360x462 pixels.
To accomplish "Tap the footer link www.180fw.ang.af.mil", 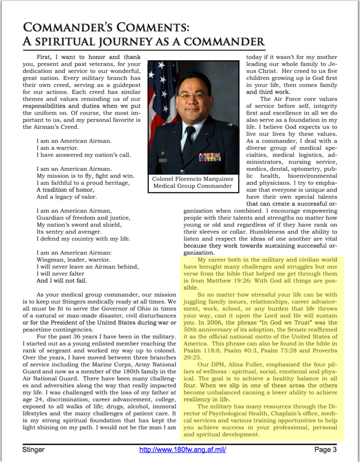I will click(x=182, y=450).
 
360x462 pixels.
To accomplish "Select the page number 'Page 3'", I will click(x=326, y=450).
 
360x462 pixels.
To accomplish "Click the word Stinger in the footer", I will click(x=34, y=450).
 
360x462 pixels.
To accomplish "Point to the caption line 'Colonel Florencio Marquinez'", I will click(x=193, y=179).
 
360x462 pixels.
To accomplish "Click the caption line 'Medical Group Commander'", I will click(x=193, y=186).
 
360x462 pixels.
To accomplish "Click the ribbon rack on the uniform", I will click(x=210, y=157).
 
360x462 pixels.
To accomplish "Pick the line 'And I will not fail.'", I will click(x=62, y=281).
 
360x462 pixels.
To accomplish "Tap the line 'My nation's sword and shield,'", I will click(x=79, y=225).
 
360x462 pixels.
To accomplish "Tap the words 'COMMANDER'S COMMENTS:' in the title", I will click(x=106, y=27).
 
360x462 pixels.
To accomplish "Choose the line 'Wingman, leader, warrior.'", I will click(x=73, y=259).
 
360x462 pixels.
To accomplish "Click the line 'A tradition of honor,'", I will click(x=66, y=189).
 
